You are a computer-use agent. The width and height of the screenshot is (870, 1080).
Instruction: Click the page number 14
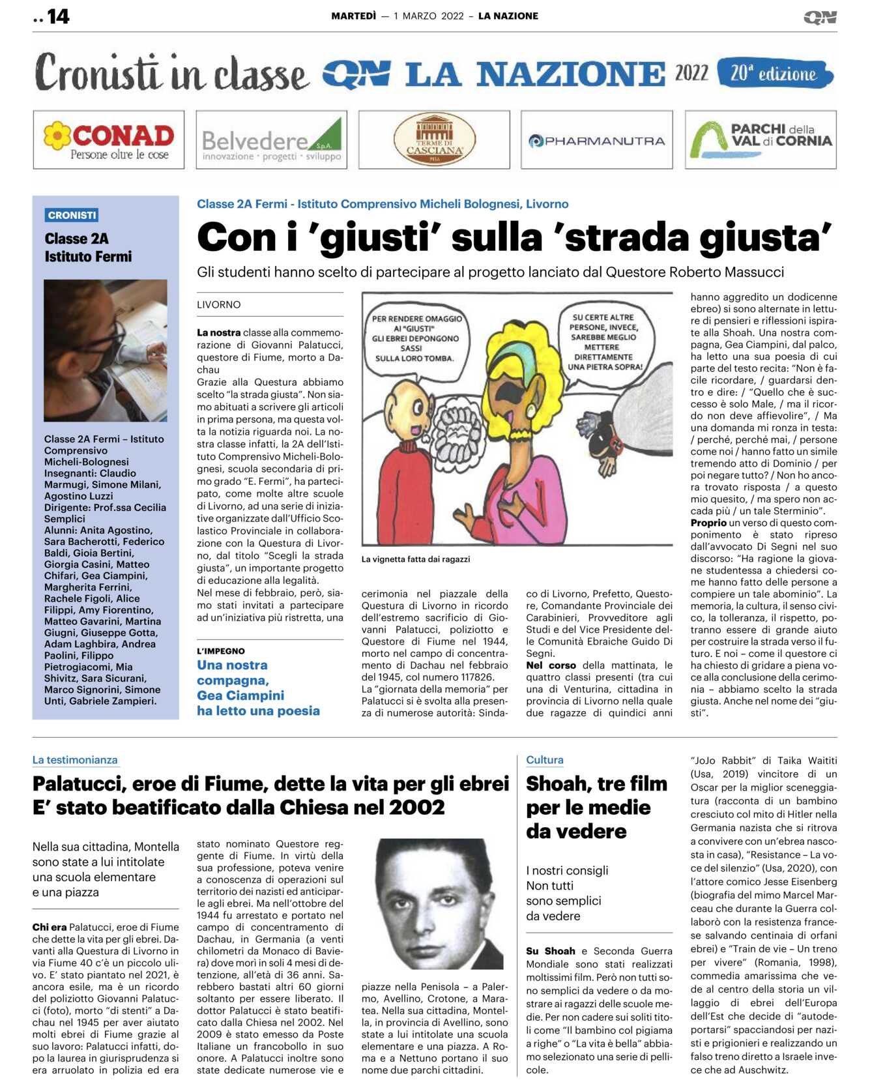57,16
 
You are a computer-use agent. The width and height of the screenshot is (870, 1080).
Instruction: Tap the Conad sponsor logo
109,140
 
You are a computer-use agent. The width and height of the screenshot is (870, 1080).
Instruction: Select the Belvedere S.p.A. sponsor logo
271,140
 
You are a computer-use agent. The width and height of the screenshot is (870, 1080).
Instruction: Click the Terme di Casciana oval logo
434,140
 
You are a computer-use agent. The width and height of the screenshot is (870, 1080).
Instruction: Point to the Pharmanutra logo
596,141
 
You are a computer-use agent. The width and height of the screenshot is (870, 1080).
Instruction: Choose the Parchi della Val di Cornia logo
761,140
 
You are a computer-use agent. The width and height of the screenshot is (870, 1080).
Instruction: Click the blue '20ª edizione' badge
774,74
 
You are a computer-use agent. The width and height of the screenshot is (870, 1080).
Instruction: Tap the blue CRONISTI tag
72,215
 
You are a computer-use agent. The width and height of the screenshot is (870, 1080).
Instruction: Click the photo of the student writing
106,350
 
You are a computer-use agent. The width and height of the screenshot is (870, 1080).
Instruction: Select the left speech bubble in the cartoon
416,338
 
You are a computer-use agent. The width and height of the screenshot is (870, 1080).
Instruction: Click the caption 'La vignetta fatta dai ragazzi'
415,559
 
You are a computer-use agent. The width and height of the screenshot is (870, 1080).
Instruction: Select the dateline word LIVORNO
219,304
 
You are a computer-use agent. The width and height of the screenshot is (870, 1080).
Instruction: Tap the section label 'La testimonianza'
75,760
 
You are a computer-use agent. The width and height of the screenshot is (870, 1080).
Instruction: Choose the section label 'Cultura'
544,760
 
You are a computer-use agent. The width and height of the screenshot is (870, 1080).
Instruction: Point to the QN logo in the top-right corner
820,18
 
